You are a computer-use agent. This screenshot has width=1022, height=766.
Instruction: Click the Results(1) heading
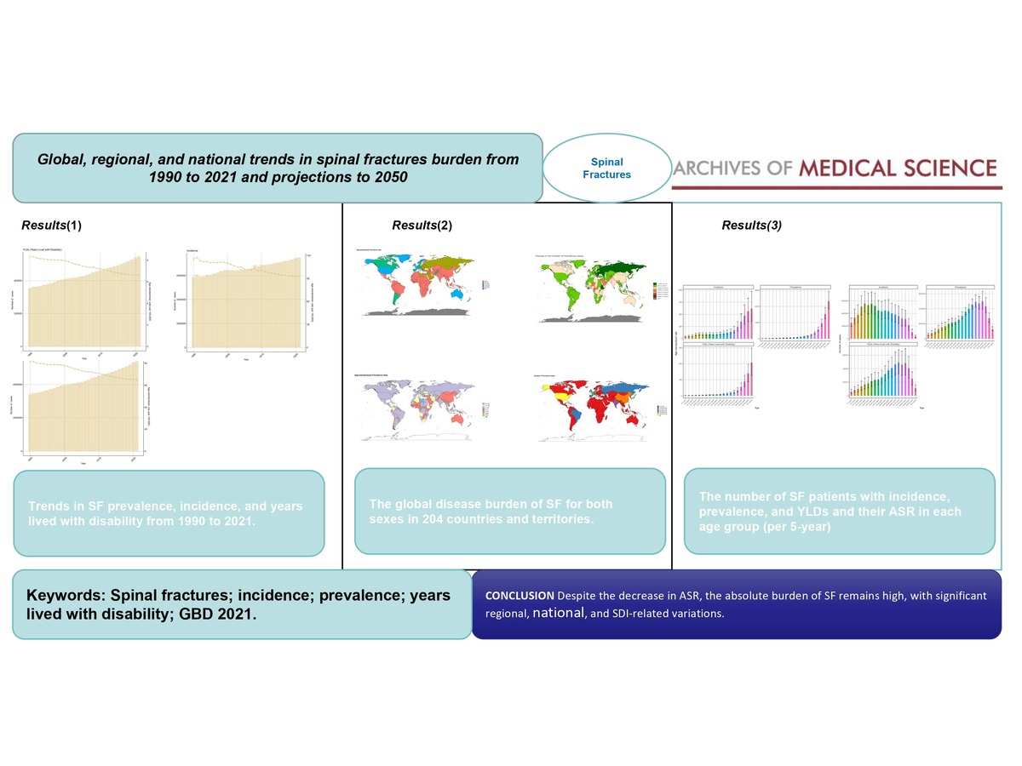coord(51,226)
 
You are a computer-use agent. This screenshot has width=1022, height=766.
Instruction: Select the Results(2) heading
coord(422,226)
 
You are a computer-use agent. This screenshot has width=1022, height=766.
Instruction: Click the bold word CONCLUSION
coord(519,596)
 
